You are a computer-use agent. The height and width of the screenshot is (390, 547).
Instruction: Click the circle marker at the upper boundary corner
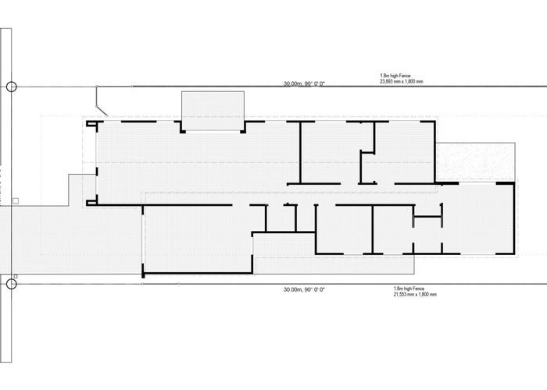[12, 87]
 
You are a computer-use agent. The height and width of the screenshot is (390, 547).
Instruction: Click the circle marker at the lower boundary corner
[12, 284]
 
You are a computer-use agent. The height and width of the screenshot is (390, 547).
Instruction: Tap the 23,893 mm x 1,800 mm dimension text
[402, 81]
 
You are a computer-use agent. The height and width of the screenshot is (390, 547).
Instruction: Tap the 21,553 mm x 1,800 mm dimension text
[415, 295]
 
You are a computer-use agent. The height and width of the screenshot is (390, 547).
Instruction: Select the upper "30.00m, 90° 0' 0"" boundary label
[304, 83]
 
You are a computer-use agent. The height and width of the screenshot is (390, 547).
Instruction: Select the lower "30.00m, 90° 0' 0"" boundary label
[304, 289]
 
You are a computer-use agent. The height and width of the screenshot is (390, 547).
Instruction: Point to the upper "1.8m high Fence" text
[395, 76]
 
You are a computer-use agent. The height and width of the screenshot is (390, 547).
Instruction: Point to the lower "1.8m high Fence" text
[409, 289]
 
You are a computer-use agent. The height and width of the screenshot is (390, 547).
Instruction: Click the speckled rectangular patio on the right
[476, 161]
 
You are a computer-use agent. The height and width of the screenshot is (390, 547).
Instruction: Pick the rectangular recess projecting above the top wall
[213, 111]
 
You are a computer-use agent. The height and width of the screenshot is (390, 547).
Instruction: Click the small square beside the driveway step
[16, 201]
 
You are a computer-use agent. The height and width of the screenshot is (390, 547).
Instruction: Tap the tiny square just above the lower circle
[16, 276]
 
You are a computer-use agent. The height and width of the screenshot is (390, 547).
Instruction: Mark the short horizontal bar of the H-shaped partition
[427, 217]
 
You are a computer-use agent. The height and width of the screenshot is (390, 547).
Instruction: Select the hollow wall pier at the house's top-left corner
[91, 124]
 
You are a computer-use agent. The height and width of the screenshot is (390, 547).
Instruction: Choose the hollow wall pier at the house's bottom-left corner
[91, 201]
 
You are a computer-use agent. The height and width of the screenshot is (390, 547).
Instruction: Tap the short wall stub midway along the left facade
[97, 172]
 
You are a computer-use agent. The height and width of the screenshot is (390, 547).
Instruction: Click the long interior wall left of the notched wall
[300, 153]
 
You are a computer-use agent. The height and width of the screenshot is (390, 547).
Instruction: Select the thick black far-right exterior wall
[514, 218]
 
